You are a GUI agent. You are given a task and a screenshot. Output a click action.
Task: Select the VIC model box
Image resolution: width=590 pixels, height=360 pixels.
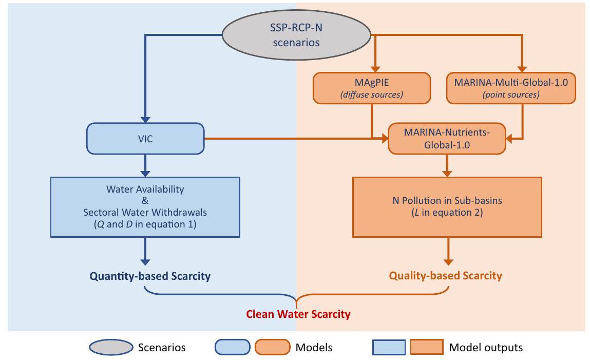click(145, 138)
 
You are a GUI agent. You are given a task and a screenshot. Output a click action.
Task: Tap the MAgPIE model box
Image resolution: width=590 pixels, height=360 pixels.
click(372, 87)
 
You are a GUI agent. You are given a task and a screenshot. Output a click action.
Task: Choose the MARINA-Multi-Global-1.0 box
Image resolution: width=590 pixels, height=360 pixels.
click(510, 87)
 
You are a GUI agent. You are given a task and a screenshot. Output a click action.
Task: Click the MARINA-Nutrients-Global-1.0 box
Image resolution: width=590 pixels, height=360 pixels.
click(447, 139)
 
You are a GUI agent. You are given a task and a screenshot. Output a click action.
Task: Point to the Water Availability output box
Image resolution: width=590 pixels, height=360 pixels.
click(145, 207)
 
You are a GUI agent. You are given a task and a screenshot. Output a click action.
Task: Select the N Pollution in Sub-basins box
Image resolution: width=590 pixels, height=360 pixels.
click(447, 207)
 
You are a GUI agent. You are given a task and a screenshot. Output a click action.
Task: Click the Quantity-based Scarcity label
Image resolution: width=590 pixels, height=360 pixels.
click(150, 276)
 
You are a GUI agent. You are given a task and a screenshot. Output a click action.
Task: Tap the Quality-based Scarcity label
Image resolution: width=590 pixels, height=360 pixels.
click(445, 276)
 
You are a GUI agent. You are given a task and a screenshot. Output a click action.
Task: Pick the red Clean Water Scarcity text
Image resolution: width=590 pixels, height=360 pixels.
click(298, 314)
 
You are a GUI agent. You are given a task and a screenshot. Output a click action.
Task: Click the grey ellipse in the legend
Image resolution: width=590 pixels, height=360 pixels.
click(110, 348)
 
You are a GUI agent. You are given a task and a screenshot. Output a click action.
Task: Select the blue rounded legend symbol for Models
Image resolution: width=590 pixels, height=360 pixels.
click(232, 348)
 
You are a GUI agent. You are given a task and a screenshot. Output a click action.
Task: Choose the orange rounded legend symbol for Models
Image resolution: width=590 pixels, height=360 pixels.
click(272, 348)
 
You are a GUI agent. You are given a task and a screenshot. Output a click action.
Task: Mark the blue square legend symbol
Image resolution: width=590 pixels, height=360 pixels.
click(389, 348)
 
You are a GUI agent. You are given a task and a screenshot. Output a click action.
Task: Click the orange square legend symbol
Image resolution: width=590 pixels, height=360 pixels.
click(427, 348)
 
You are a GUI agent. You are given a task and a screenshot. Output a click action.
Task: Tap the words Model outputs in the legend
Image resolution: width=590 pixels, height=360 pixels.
click(486, 348)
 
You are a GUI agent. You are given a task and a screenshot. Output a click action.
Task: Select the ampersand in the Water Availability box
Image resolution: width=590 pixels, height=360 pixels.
click(145, 201)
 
